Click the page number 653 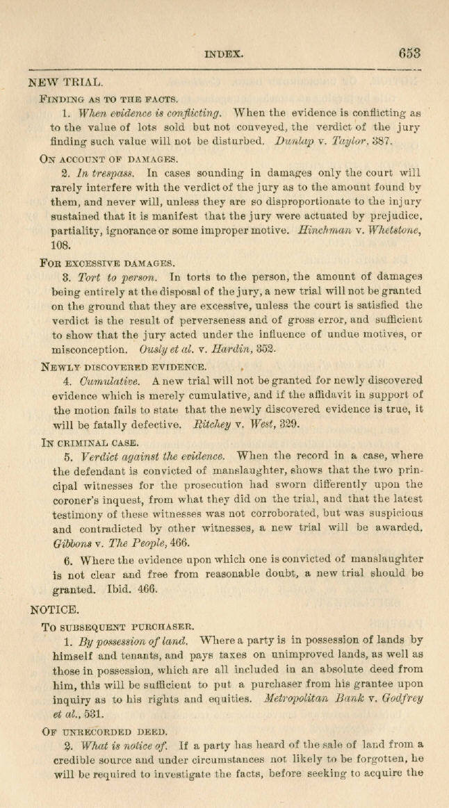410,53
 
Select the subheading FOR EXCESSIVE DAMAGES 104,263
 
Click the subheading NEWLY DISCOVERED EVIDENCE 123,366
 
